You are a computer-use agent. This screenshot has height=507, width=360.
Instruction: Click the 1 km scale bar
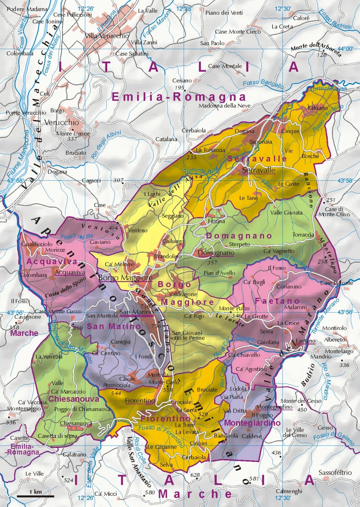(x=35, y=496)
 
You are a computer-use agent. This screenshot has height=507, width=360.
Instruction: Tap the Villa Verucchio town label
(x=107, y=36)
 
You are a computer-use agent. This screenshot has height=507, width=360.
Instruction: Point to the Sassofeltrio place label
(x=335, y=472)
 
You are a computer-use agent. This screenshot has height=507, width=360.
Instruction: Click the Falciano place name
(x=317, y=108)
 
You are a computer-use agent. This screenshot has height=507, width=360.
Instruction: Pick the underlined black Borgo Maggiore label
(x=125, y=278)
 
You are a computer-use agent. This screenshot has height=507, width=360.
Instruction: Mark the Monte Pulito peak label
(x=234, y=308)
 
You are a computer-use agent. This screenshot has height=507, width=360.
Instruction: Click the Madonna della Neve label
(x=225, y=105)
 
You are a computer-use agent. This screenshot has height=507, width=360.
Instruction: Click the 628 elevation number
(x=195, y=475)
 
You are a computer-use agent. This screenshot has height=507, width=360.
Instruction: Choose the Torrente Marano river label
(x=325, y=316)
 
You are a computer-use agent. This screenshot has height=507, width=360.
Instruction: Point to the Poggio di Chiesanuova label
(x=82, y=409)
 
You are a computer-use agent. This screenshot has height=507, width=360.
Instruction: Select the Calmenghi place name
(x=289, y=491)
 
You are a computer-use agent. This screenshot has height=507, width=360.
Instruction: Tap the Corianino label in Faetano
(x=289, y=286)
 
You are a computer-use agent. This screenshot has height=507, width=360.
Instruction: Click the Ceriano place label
(x=182, y=81)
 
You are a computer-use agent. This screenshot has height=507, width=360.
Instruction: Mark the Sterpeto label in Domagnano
(x=239, y=244)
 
